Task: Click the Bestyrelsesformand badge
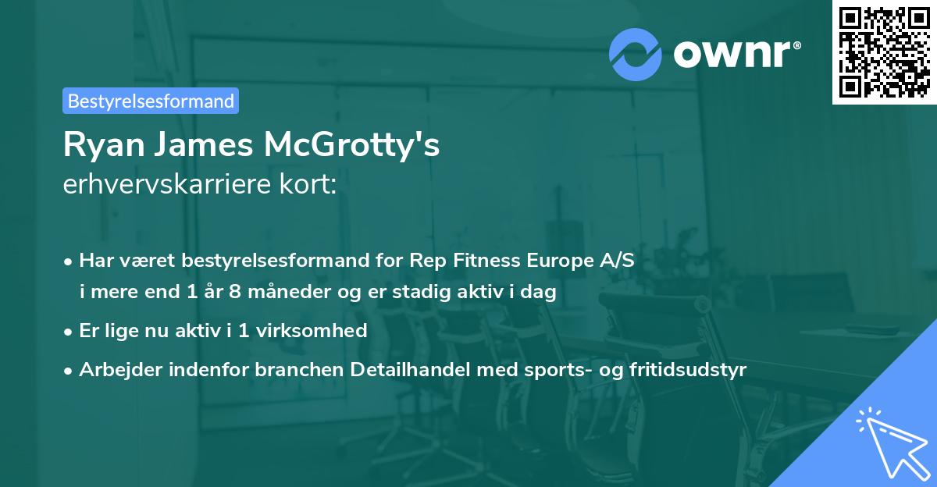pos(151,101)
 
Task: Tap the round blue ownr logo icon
pos(635,55)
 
